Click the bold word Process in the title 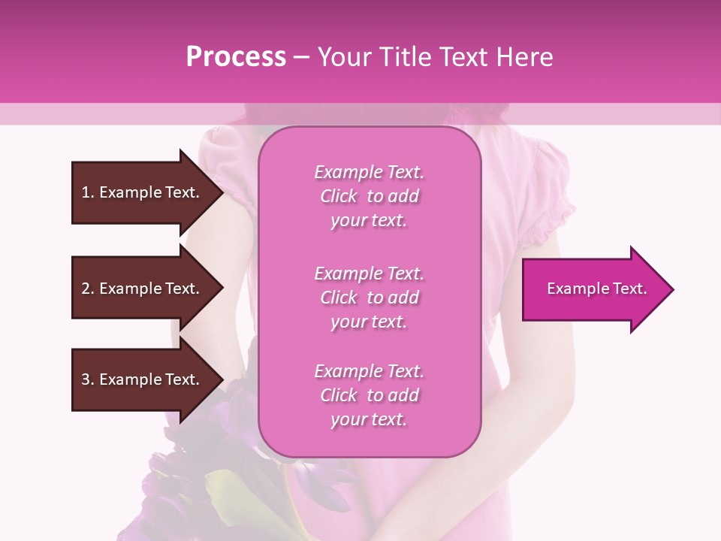[x=236, y=57]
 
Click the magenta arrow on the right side [x=593, y=289]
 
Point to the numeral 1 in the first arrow [x=86, y=192]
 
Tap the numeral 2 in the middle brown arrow [x=86, y=289]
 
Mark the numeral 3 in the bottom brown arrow [x=86, y=379]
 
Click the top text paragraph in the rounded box [x=369, y=196]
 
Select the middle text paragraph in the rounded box [x=369, y=298]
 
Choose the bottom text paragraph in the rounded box [x=369, y=395]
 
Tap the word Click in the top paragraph [x=339, y=196]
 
